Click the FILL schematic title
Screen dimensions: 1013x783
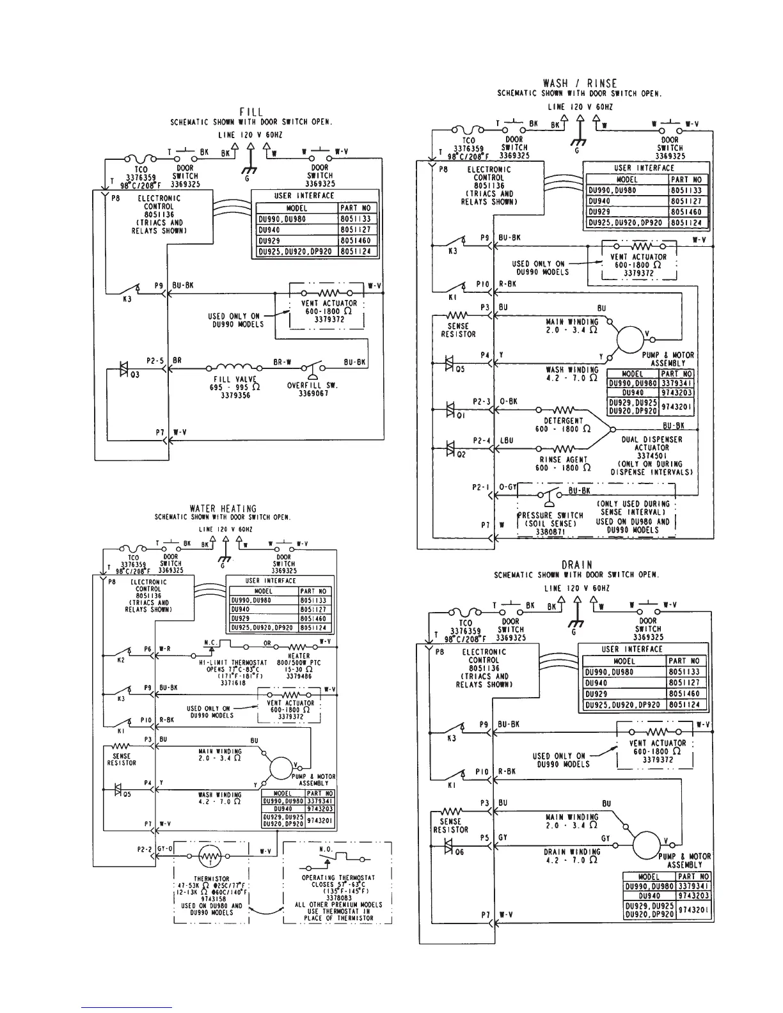pyautogui.click(x=250, y=113)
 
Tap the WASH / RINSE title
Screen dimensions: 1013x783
pyautogui.click(x=580, y=83)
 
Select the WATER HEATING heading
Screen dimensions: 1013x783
pyautogui.click(x=223, y=509)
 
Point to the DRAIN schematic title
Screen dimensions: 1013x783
pyautogui.click(x=576, y=565)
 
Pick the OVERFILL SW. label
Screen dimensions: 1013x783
pyautogui.click(x=312, y=386)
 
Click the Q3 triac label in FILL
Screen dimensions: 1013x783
pyautogui.click(x=135, y=375)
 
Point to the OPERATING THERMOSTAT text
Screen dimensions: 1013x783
pyautogui.click(x=338, y=877)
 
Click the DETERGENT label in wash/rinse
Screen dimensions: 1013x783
pyautogui.click(x=563, y=421)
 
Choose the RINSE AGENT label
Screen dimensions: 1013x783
pyautogui.click(x=563, y=460)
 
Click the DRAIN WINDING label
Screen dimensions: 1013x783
pyautogui.click(x=572, y=852)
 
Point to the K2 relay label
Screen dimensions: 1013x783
pyautogui.click(x=120, y=660)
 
